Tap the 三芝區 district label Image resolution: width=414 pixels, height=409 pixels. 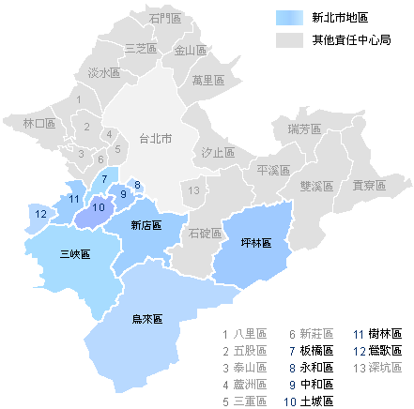pyautogui.click(x=139, y=47)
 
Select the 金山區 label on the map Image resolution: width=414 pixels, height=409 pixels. pyautogui.click(x=190, y=51)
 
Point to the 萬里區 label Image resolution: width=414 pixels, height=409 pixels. pyautogui.click(x=207, y=80)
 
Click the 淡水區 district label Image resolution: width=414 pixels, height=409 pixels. pyautogui.click(x=103, y=72)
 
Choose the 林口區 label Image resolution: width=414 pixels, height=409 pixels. pyautogui.click(x=39, y=123)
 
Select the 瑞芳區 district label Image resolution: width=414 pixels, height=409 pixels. pyautogui.click(x=304, y=129)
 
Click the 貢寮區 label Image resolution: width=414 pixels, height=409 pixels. pyautogui.click(x=369, y=186)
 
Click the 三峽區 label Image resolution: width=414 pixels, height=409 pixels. pyautogui.click(x=75, y=254)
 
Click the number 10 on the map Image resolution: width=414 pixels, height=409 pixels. pyautogui.click(x=99, y=207)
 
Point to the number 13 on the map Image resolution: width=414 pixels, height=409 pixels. pyautogui.click(x=193, y=190)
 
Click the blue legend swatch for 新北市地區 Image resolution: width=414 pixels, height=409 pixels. pyautogui.click(x=290, y=19)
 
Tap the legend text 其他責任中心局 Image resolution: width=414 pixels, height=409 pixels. pyautogui.click(x=351, y=40)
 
